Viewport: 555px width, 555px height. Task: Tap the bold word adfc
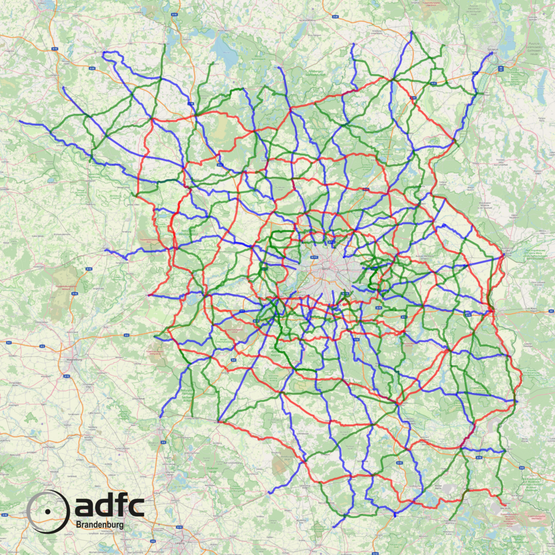[x=109, y=507]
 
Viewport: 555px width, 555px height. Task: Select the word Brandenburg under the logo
[x=108, y=524]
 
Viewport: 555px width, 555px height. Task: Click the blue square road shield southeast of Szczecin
[x=500, y=68]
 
